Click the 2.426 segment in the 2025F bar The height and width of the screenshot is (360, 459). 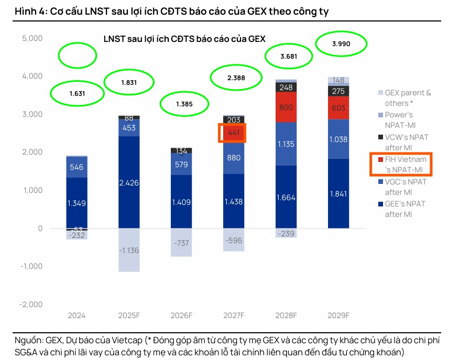tap(129, 183)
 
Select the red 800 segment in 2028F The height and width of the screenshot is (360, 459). tap(286, 107)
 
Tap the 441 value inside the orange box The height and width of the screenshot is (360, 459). tap(234, 133)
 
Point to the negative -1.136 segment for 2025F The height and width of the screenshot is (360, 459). tap(129, 250)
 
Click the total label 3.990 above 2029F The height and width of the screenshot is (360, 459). tap(341, 44)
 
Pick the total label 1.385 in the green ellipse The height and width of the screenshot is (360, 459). tap(184, 104)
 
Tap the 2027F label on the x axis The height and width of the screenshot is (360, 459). tap(234, 315)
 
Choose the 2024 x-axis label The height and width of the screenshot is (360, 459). tap(76, 315)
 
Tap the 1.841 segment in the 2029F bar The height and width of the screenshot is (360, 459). tap(338, 193)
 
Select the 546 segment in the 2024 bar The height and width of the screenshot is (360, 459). tap(76, 167)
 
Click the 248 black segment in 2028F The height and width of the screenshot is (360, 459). tap(286, 88)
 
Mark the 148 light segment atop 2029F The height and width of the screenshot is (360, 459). tap(338, 80)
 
